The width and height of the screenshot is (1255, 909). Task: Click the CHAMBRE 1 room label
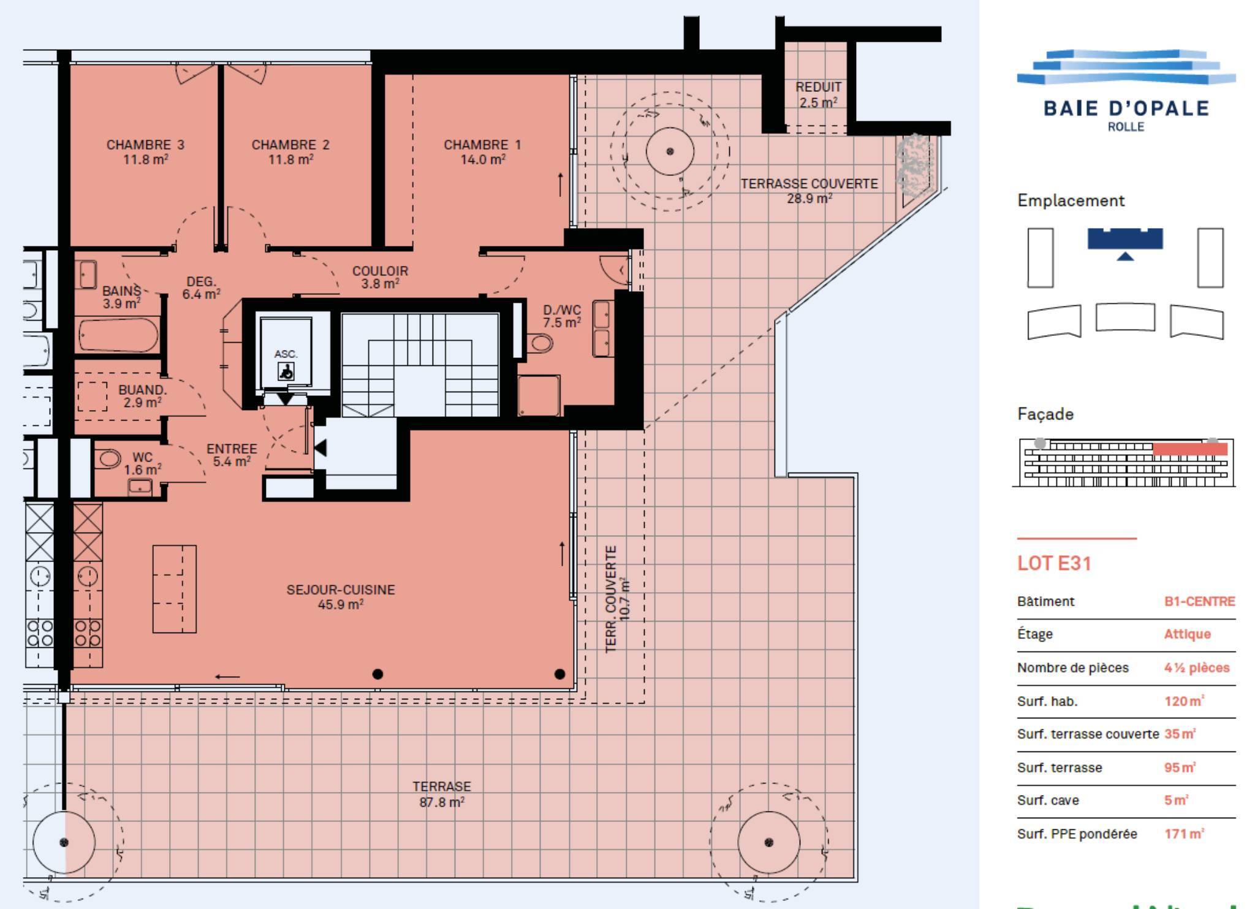pos(482,152)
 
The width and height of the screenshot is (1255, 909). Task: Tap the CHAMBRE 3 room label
pos(145,152)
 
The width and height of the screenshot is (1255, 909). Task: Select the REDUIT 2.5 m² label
pos(818,94)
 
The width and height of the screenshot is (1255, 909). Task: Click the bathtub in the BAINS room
pos(118,335)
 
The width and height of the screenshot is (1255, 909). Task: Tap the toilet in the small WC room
pos(108,458)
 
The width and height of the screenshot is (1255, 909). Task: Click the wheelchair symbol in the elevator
pos(286,371)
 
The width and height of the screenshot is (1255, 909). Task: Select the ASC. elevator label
pos(286,354)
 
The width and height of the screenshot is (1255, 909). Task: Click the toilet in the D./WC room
pos(540,343)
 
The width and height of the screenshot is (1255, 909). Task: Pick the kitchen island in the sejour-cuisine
pos(175,588)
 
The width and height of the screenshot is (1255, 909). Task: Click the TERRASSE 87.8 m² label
pos(442,794)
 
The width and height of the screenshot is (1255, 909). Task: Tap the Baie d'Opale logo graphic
pos(1126,67)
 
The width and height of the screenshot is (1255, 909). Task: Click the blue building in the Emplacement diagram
pos(1125,239)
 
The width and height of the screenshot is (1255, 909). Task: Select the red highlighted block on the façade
pos(1190,449)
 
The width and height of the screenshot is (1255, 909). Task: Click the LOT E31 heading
pos(1054,563)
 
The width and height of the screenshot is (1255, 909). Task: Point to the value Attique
pos(1187,634)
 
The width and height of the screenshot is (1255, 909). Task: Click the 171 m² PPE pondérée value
pos(1184,834)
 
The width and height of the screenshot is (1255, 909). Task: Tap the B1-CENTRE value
pos(1199,601)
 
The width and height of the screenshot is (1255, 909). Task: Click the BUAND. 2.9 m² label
pos(142,396)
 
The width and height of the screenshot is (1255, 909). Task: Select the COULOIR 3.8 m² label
pos(380,277)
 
